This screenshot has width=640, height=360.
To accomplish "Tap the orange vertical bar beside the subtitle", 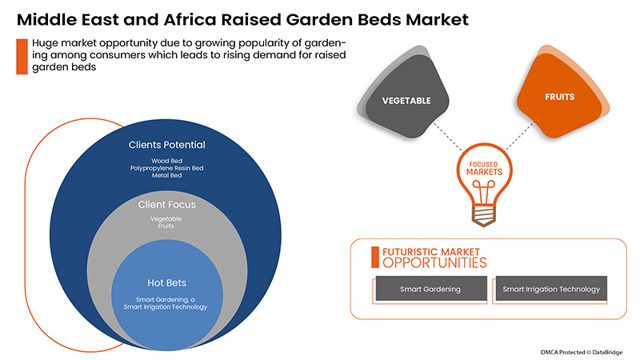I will [x=20, y=55].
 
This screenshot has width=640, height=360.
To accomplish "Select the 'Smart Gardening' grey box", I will [x=430, y=289].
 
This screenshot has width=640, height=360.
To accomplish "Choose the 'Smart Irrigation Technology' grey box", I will [x=550, y=289].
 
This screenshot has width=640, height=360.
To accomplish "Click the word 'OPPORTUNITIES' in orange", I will [x=433, y=262].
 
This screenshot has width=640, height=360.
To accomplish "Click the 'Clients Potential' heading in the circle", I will [x=167, y=146].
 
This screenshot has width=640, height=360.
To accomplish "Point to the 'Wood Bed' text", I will [x=167, y=161].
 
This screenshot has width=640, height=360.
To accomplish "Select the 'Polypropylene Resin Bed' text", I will [x=167, y=169].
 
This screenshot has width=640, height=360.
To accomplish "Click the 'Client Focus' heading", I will [x=166, y=205].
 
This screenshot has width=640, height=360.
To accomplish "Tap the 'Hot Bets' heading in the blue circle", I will [x=166, y=282].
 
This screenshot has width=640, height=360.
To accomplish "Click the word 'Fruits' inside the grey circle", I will [x=166, y=226].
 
